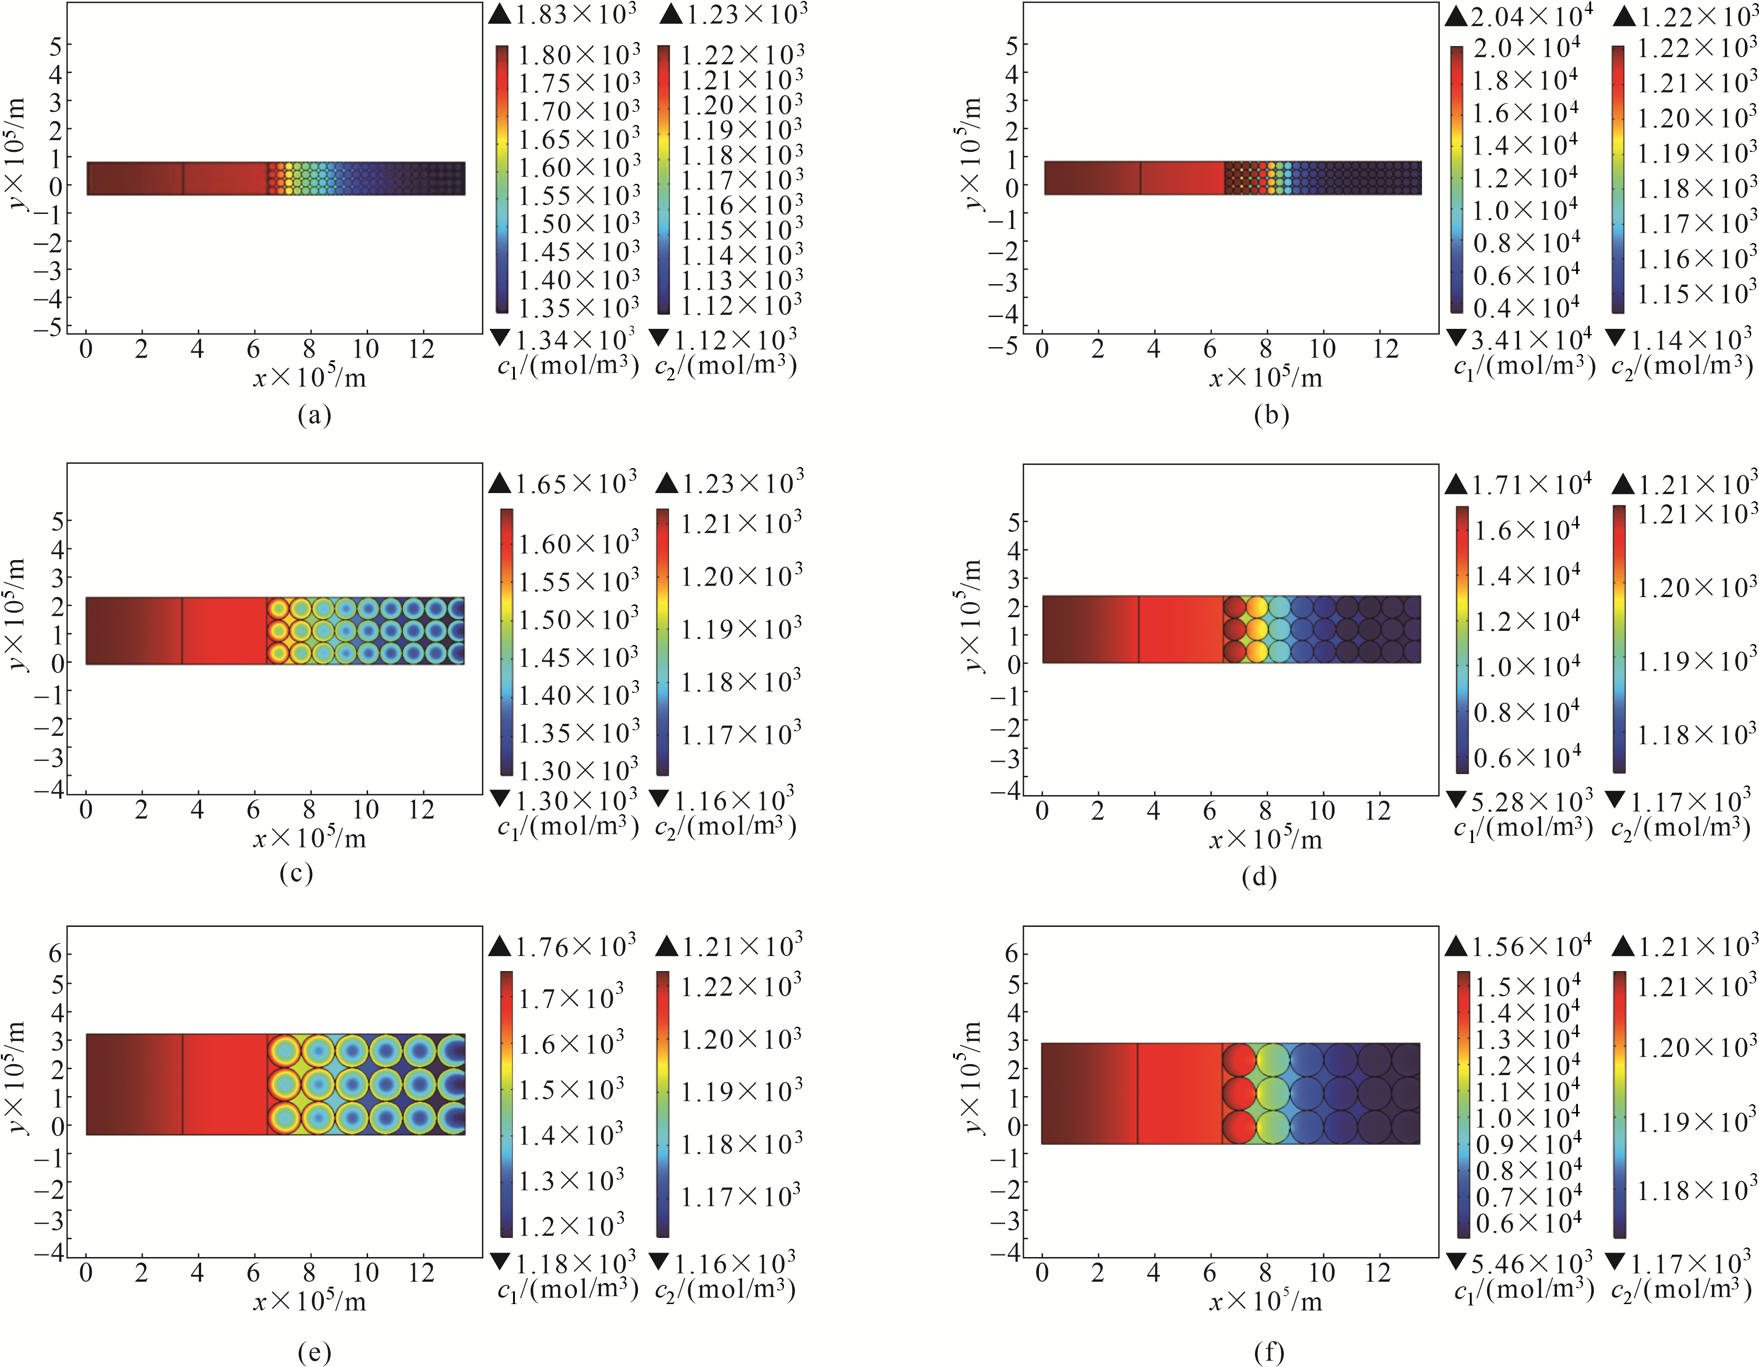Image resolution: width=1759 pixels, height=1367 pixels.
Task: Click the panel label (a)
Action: click(x=314, y=415)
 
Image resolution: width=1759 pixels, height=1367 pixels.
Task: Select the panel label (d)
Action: click(x=1259, y=876)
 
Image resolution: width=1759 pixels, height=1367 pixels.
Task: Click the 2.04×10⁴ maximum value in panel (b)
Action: click(x=1530, y=16)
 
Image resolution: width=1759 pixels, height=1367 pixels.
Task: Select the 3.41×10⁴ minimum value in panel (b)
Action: click(x=1530, y=339)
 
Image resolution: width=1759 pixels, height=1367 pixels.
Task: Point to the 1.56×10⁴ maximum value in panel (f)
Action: click(x=1530, y=946)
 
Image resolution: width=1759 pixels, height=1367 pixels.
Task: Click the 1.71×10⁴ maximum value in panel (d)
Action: click(x=1530, y=485)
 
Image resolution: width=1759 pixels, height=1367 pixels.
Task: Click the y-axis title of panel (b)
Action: click(x=972, y=153)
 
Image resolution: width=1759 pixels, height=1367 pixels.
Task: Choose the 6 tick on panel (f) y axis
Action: click(x=1012, y=954)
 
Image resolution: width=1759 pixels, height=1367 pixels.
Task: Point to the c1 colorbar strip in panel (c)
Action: click(x=506, y=642)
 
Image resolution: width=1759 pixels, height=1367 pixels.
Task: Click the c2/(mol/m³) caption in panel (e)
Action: click(x=725, y=1289)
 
